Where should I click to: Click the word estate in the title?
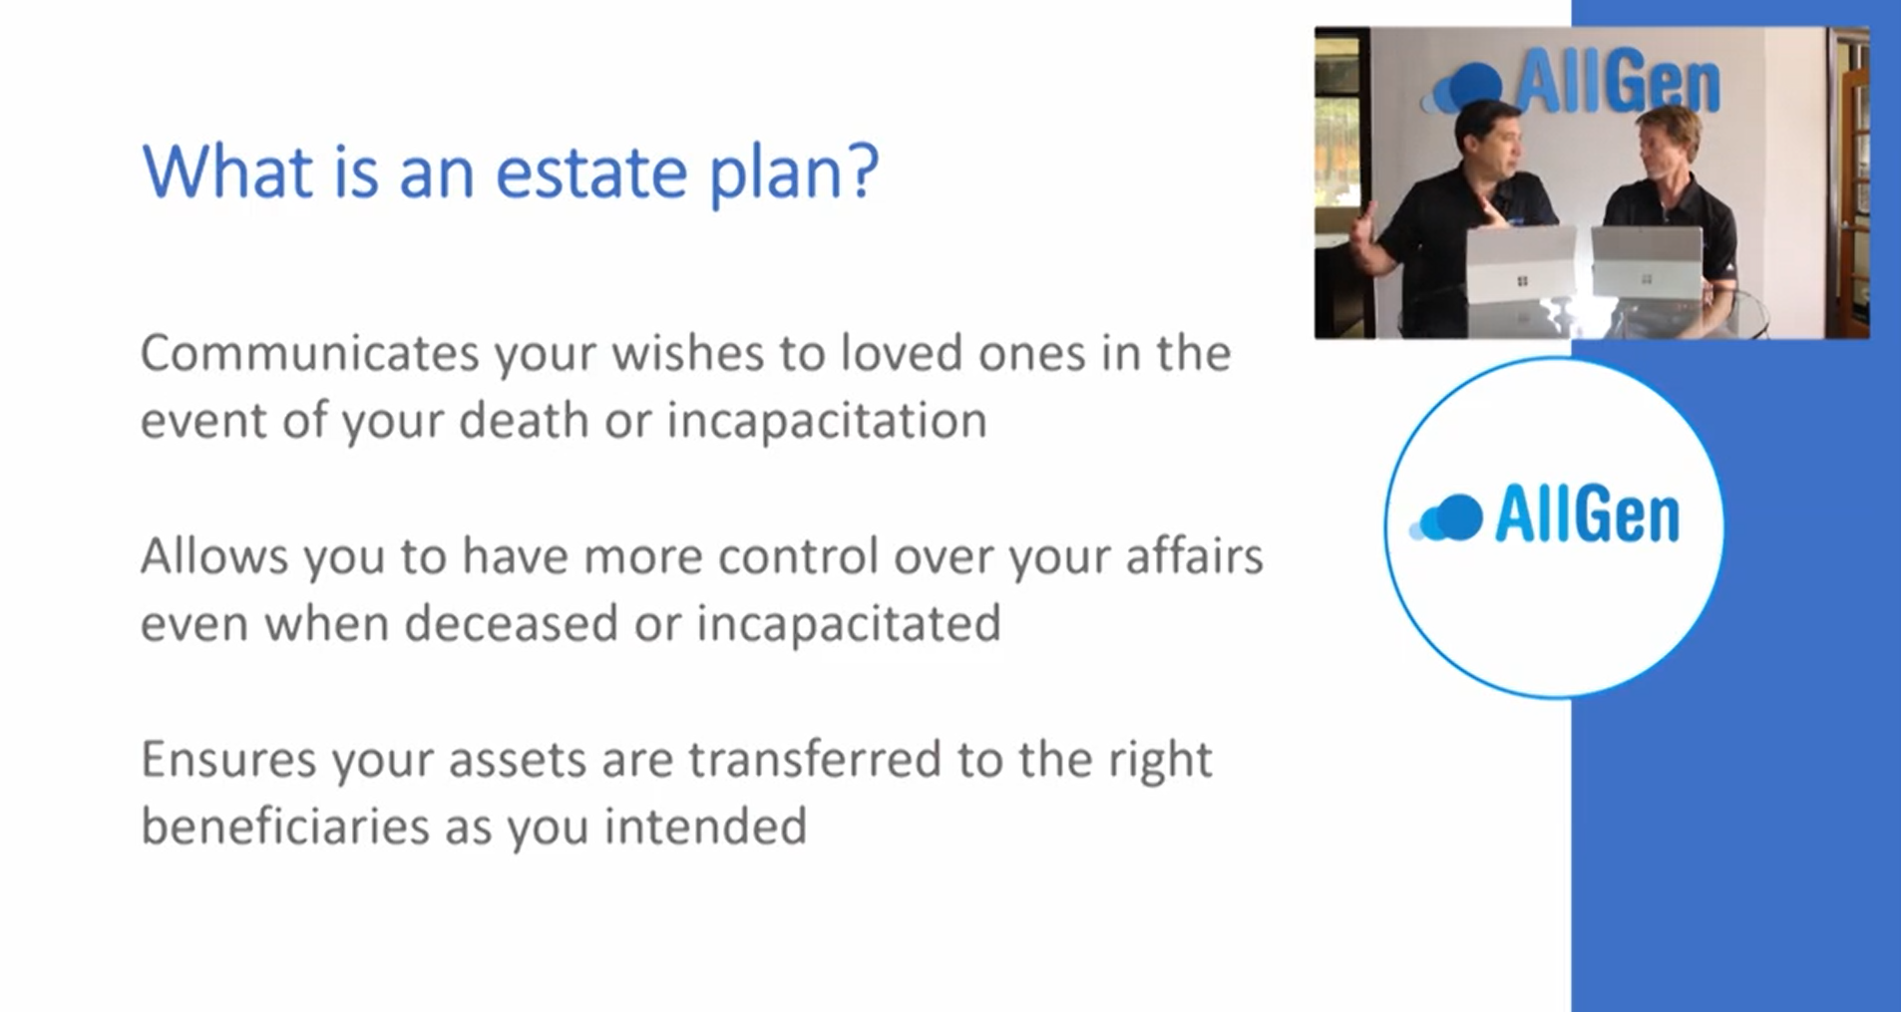click(x=591, y=171)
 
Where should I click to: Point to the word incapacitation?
click(x=827, y=422)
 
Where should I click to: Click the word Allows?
click(x=213, y=556)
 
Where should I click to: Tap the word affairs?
click(x=1195, y=556)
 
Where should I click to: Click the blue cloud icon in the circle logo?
click(x=1446, y=517)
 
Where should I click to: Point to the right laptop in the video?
click(x=1647, y=261)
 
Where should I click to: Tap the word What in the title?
click(x=227, y=171)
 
